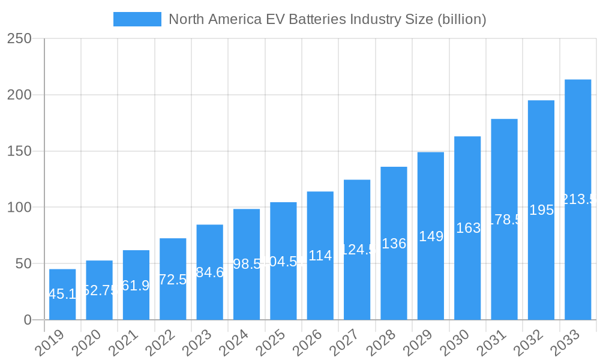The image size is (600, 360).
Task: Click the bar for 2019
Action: pyautogui.click(x=62, y=294)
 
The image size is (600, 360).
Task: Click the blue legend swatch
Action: pyautogui.click(x=137, y=19)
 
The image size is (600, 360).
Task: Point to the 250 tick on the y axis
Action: pyautogui.click(x=19, y=38)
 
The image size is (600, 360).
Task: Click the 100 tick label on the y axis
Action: pyautogui.click(x=19, y=208)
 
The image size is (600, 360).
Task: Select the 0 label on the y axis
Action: pyautogui.click(x=28, y=320)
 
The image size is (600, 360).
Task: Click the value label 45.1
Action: pyautogui.click(x=62, y=294)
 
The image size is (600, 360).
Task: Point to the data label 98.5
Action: pyautogui.click(x=247, y=264)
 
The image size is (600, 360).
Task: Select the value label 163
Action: pyautogui.click(x=468, y=228)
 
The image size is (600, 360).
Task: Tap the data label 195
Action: pyautogui.click(x=541, y=210)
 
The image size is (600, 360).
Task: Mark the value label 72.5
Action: pyautogui.click(x=173, y=280)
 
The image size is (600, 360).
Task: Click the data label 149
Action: pyautogui.click(x=431, y=236)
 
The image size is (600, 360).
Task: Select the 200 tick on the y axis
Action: pyautogui.click(x=19, y=95)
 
